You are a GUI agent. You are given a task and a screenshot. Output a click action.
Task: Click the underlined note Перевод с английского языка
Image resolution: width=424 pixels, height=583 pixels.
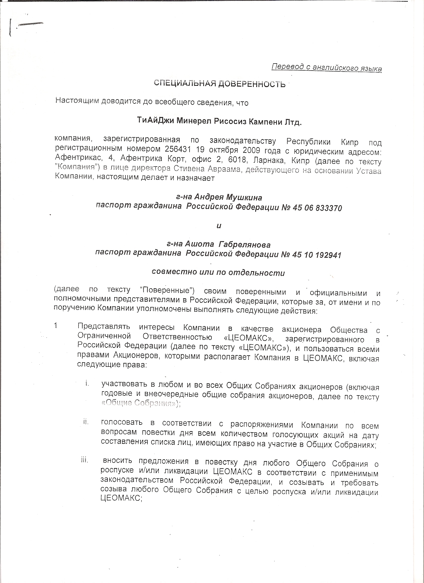pyautogui.click(x=326, y=68)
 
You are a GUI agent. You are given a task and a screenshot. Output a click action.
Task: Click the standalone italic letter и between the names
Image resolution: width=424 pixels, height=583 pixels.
pyautogui.click(x=219, y=226)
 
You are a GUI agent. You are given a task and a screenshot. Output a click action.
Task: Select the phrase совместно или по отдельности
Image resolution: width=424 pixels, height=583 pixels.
pyautogui.click(x=218, y=273)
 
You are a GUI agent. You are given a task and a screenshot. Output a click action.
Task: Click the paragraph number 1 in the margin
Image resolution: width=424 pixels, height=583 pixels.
pyautogui.click(x=56, y=326)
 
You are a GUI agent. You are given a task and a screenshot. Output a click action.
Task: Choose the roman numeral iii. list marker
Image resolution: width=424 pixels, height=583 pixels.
pyautogui.click(x=85, y=460)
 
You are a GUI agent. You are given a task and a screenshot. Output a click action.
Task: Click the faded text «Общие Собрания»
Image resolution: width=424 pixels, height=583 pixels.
pyautogui.click(x=140, y=403)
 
